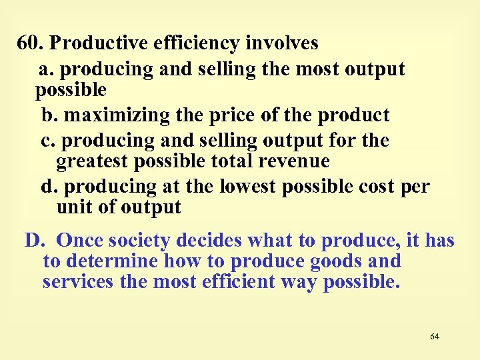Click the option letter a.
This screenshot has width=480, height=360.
tap(45, 69)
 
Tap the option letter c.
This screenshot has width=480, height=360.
tap(47, 141)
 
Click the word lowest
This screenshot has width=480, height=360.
tap(247, 187)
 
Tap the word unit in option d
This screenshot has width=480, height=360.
tap(73, 207)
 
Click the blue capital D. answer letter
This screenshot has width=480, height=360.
tap(33, 240)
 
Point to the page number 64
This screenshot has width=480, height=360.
tap(435, 337)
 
